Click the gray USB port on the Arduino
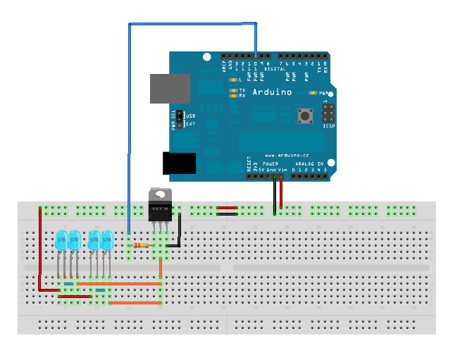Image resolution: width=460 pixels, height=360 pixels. (170, 89)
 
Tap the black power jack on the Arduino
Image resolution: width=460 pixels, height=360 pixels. (180, 163)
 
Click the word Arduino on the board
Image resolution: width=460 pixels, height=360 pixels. (271, 92)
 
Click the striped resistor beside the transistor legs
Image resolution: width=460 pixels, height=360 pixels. (141, 245)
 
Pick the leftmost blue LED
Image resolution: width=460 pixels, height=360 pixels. (61, 240)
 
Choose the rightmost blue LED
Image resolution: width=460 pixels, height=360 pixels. (107, 240)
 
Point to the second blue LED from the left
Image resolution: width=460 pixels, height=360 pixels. (74, 240)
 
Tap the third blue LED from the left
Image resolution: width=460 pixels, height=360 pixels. (94, 240)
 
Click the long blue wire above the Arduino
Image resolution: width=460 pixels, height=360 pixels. (190, 24)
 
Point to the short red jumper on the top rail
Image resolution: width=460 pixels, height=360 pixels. (227, 208)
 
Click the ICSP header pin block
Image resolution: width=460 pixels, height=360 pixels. (329, 113)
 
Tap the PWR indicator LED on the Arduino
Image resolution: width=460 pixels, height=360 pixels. (312, 93)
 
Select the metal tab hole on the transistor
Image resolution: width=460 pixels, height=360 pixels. (160, 193)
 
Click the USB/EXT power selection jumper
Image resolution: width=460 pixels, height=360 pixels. (180, 118)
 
